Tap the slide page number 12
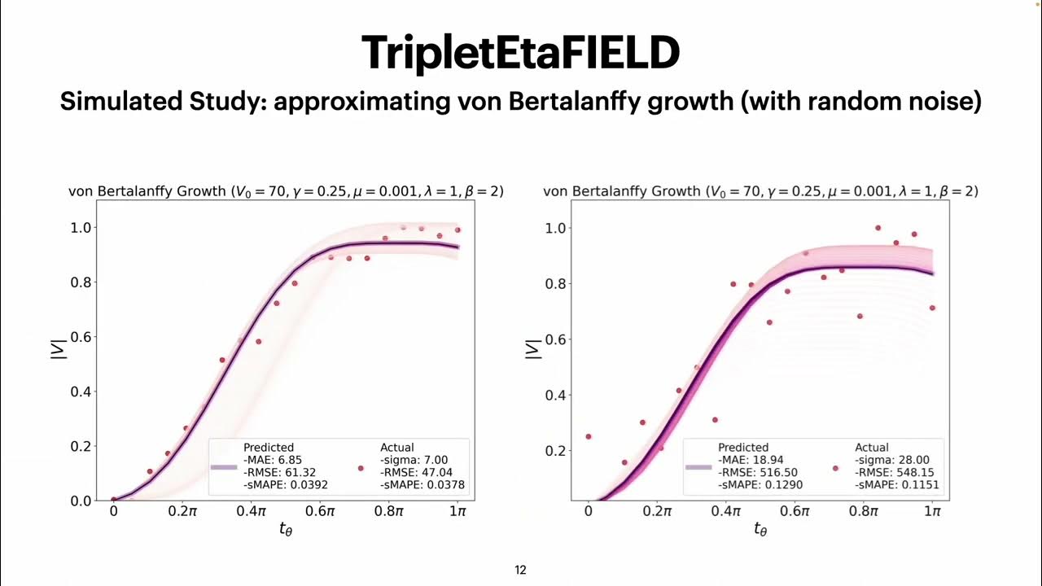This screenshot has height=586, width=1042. [520, 571]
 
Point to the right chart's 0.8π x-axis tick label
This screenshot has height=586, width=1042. [864, 511]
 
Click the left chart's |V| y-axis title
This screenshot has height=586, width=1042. [58, 349]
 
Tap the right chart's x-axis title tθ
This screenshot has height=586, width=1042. [760, 530]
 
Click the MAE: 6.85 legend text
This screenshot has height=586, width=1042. [271, 460]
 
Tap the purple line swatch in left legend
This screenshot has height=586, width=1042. [223, 467]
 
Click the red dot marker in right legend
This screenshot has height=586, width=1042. [834, 468]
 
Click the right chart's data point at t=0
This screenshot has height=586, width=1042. [589, 436]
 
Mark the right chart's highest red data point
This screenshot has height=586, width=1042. [878, 228]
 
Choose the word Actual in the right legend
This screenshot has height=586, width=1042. [872, 448]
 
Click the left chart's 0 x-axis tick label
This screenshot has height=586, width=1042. [113, 511]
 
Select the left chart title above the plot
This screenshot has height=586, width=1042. [285, 192]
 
